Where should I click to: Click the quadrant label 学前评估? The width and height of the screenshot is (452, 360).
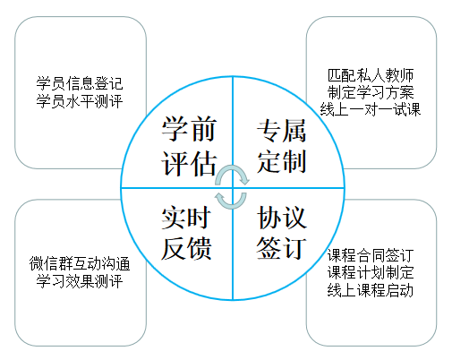(x=189, y=146)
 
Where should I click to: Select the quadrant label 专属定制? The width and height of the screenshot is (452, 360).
(x=281, y=146)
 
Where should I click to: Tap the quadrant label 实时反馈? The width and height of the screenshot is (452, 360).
(x=186, y=233)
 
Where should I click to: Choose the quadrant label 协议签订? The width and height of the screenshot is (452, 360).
(x=281, y=233)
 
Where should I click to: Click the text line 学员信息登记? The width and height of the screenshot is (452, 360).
(x=80, y=83)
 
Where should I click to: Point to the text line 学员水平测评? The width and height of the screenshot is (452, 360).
(x=80, y=101)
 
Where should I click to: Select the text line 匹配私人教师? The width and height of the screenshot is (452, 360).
(x=371, y=75)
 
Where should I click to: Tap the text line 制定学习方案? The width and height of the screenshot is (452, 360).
(x=371, y=92)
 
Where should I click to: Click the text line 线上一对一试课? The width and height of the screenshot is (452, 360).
(x=371, y=109)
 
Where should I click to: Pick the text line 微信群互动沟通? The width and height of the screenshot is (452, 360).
(x=80, y=263)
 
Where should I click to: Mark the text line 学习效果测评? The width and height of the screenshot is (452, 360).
(x=80, y=281)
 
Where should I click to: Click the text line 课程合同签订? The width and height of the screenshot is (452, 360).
(x=371, y=255)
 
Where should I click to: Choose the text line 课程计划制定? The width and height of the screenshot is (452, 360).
(x=371, y=272)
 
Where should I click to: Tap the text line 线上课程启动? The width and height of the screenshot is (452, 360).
(x=371, y=290)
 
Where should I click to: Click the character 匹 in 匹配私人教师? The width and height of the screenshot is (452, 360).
(x=335, y=75)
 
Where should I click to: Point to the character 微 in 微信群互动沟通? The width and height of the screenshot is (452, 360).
(x=36, y=263)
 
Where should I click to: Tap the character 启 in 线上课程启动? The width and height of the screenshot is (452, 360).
(x=392, y=290)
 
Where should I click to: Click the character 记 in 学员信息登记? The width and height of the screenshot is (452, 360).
(x=115, y=83)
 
